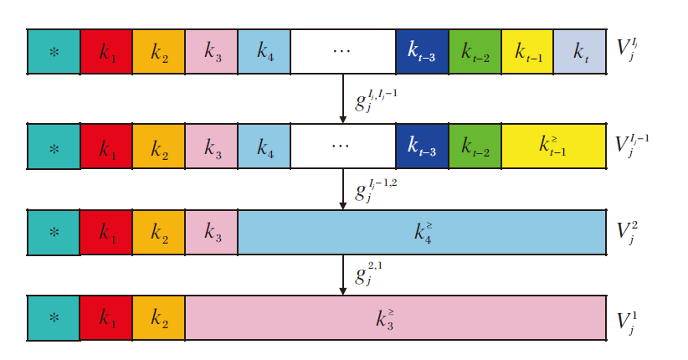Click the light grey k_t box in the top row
(x=579, y=50)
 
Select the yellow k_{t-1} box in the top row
(x=527, y=50)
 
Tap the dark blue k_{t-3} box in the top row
(x=422, y=50)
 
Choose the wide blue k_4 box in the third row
(x=422, y=231)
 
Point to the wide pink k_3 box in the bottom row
(x=395, y=317)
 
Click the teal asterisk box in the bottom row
(x=54, y=317)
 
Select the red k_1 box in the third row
(x=106, y=231)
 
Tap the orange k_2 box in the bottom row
(x=158, y=317)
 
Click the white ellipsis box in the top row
(x=342, y=50)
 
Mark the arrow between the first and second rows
(x=343, y=98)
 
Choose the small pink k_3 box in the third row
(x=211, y=231)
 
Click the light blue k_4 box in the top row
(x=264, y=50)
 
